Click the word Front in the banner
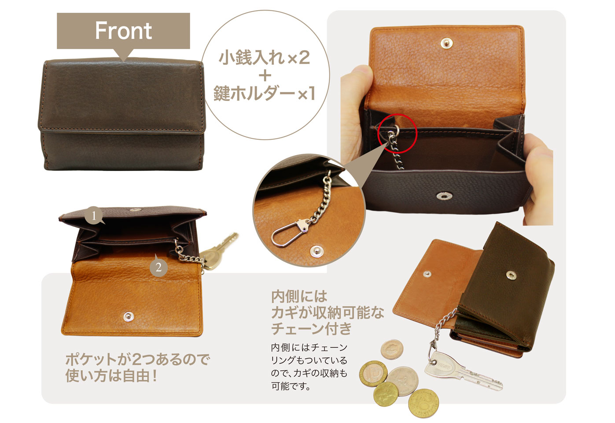(x=123, y=31)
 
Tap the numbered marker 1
(x=94, y=216)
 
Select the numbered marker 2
(x=158, y=267)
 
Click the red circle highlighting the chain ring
(x=398, y=133)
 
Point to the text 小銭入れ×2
(x=264, y=58)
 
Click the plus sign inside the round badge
(x=265, y=75)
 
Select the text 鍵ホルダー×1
(x=264, y=93)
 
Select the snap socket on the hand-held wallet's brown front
(x=443, y=195)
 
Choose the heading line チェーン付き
(x=312, y=329)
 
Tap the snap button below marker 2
(x=128, y=315)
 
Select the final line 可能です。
(x=291, y=387)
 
